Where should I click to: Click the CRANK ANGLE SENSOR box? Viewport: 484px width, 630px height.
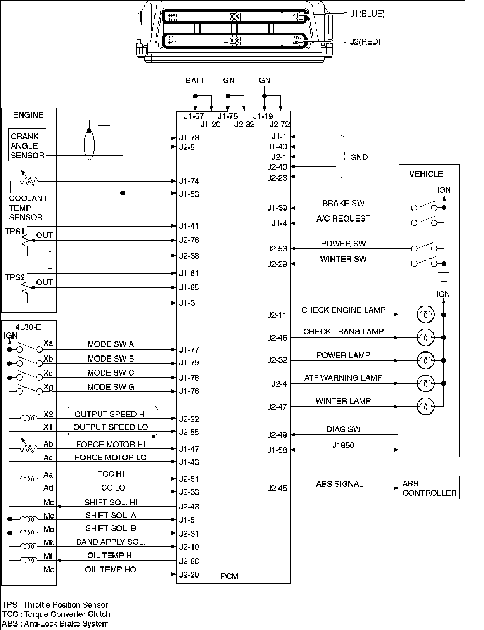27,145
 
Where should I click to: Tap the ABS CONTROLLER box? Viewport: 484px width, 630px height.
429,488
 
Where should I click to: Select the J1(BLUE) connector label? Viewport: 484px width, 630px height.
367,14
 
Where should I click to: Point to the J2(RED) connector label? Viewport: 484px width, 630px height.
365,42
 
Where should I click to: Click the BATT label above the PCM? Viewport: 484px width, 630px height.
195,81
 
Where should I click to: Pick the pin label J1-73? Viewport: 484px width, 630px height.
189,138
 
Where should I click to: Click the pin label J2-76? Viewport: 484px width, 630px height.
189,240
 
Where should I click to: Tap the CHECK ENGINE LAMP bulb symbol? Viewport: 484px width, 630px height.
425,315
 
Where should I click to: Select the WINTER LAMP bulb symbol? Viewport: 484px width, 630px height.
425,407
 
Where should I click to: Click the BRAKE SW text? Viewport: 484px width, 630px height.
343,203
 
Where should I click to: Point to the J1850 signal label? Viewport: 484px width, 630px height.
343,445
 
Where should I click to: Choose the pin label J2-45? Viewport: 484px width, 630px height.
277,488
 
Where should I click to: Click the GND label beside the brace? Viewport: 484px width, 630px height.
359,157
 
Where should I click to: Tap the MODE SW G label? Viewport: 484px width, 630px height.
111,387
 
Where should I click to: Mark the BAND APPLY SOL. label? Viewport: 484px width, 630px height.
111,542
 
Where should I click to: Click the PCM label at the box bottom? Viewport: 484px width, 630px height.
229,576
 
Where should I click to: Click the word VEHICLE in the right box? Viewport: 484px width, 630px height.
426,174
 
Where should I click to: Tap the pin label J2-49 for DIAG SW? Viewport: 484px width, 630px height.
277,435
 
